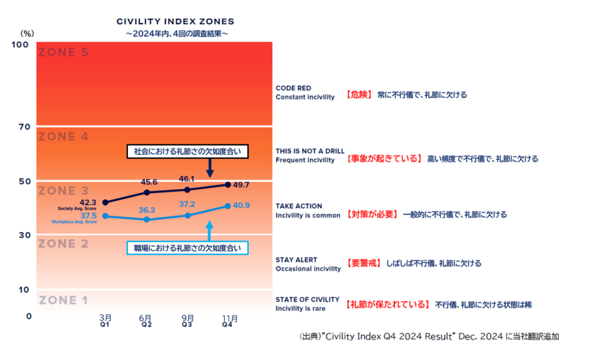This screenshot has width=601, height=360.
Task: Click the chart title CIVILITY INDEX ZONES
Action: pyautogui.click(x=175, y=22)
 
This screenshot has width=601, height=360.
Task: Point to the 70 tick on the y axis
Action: pyautogui.click(x=24, y=126)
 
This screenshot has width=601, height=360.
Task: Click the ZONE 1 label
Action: pyautogui.click(x=63, y=301)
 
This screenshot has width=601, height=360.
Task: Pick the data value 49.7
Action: pyautogui.click(x=241, y=185)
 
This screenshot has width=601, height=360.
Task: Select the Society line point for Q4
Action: pyautogui.click(x=228, y=185)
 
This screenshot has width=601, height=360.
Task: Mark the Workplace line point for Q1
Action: pyautogui.click(x=105, y=216)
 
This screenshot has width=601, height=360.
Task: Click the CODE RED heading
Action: pyautogui.click(x=293, y=89)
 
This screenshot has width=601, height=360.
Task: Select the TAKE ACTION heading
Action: pyautogui.click(x=299, y=206)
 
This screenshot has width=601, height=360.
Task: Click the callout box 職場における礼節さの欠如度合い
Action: pyautogui.click(x=187, y=248)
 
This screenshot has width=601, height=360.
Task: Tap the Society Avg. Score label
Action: pyautogui.click(x=77, y=208)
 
